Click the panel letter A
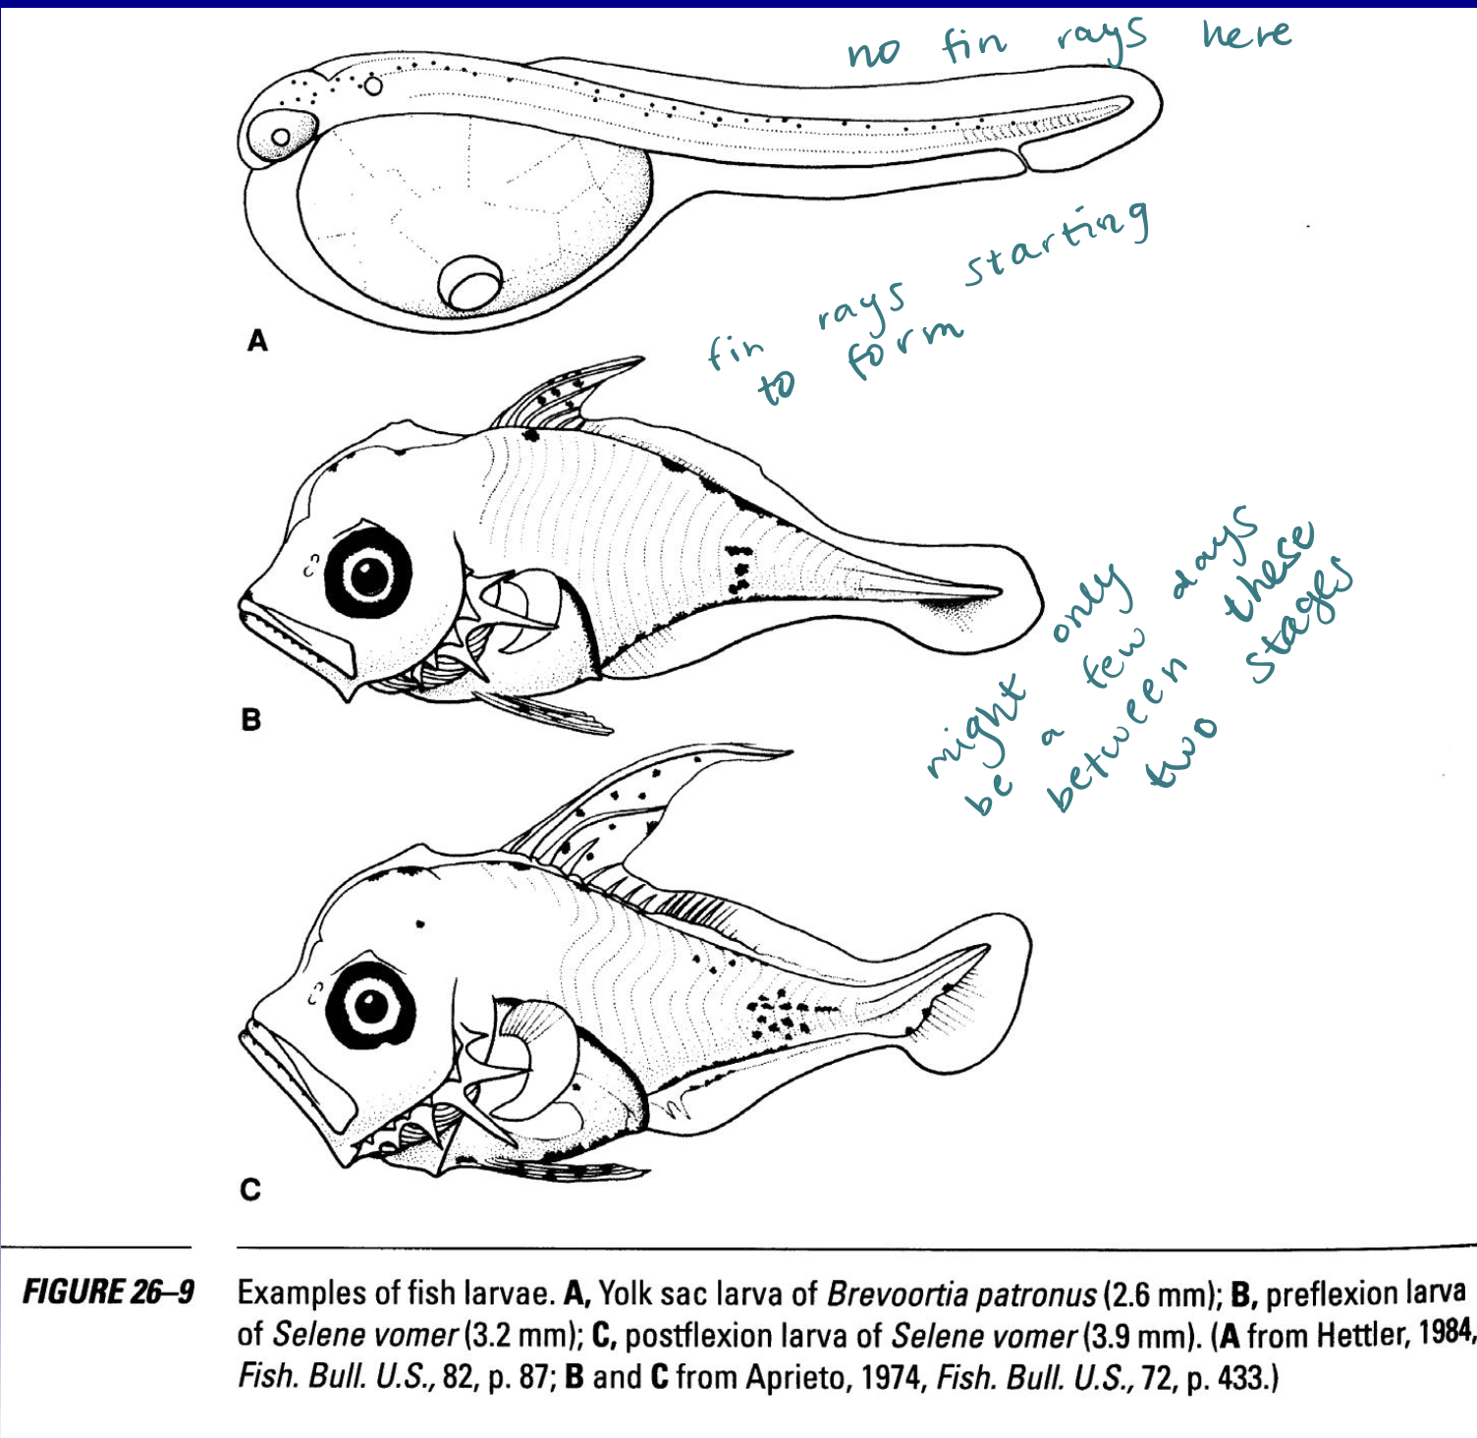pos(257,341)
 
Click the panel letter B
pos(251,719)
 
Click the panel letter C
pos(251,1189)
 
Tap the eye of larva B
pos(370,573)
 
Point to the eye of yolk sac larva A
pos(281,138)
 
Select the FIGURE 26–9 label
pos(108,1292)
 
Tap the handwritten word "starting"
pos(1057,242)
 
